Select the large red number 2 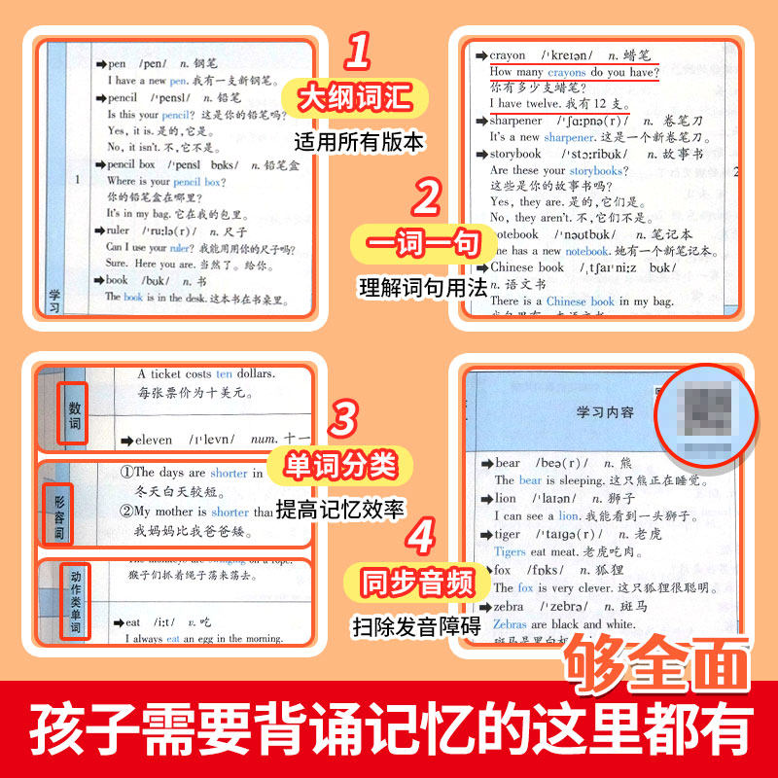[426, 198]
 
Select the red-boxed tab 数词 [74, 411]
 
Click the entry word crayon [508, 55]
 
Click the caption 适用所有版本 [359, 142]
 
